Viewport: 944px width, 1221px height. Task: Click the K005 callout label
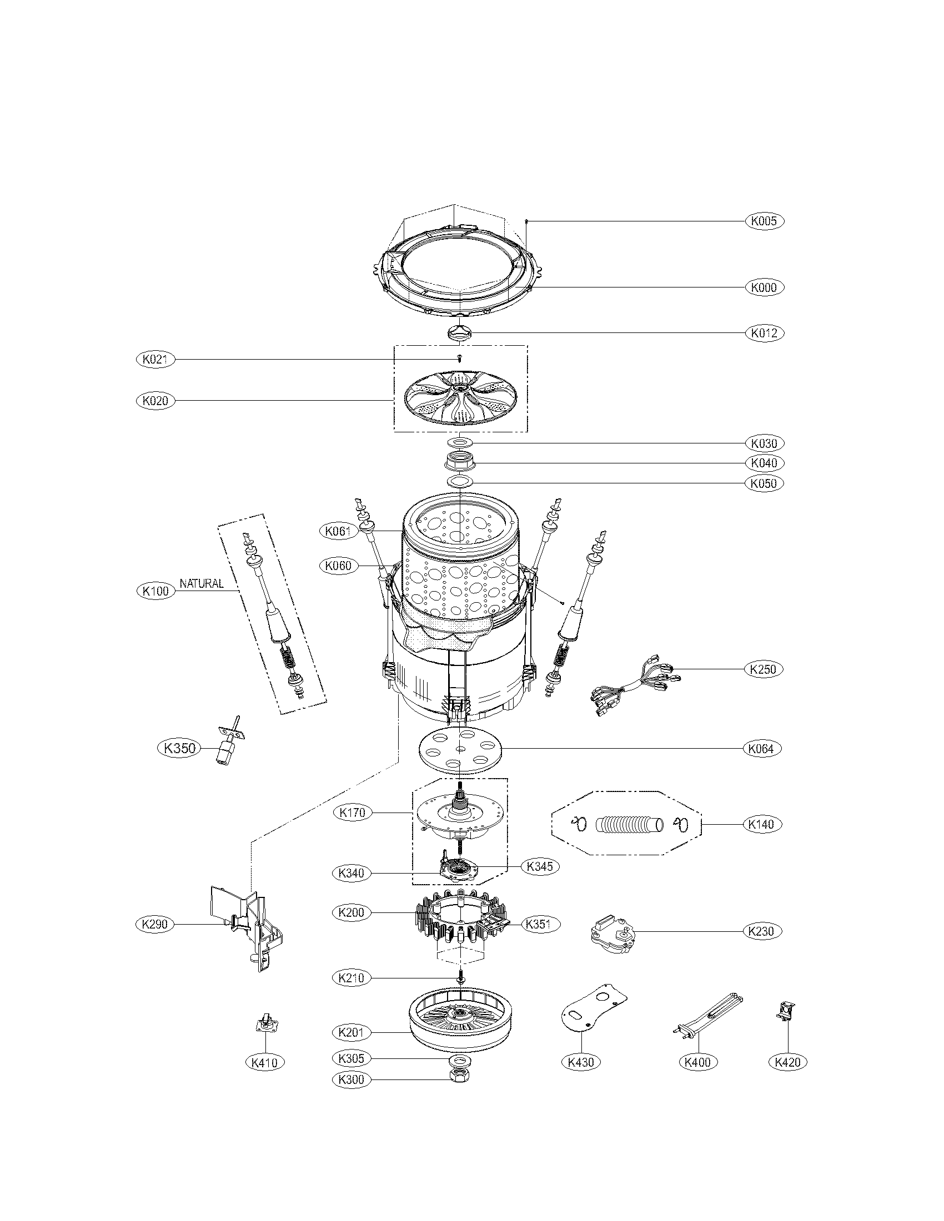coord(764,221)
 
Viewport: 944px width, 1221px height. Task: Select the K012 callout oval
coord(764,333)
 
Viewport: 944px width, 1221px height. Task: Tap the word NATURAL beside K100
coord(202,584)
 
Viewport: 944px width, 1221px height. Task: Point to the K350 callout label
coord(179,748)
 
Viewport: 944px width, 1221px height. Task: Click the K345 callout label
coord(540,866)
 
